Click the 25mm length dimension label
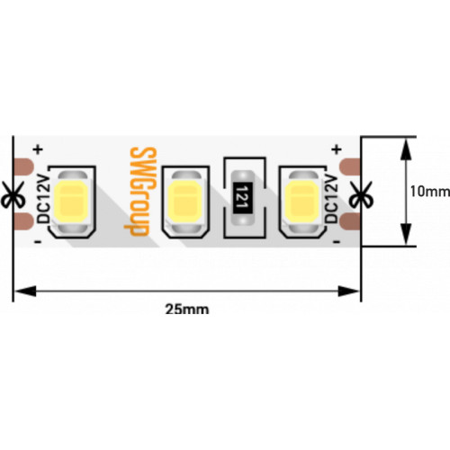[187, 310]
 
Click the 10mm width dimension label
[430, 192]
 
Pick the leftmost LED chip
[72, 202]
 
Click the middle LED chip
[185, 202]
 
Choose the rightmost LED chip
[302, 202]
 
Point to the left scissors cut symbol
[13, 194]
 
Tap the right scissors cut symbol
[361, 194]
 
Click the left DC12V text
[44, 199]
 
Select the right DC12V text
[331, 199]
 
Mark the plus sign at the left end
[39, 148]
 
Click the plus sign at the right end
[337, 148]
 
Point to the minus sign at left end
[38, 242]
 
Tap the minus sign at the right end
[337, 242]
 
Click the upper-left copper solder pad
[24, 166]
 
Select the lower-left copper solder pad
[24, 221]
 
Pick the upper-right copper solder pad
[350, 166]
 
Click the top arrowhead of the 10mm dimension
[406, 148]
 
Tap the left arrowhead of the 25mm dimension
[26, 291]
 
